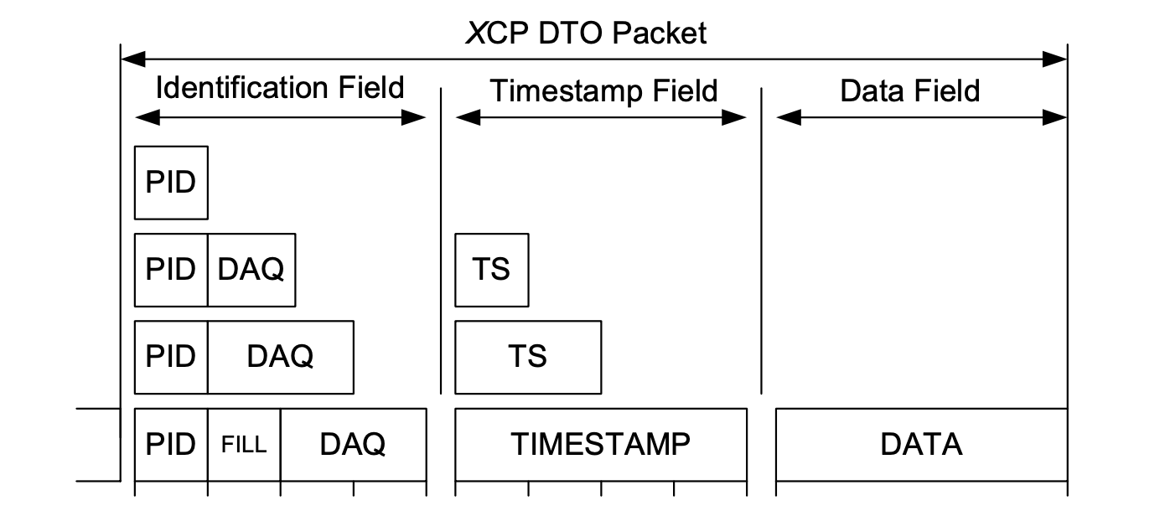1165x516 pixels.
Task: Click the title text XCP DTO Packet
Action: tap(586, 33)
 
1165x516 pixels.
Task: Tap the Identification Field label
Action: tap(280, 88)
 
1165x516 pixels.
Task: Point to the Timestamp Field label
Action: tap(603, 90)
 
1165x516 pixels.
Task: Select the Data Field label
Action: tap(910, 90)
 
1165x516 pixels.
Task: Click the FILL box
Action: tap(244, 444)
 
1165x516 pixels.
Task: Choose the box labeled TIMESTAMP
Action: tap(600, 444)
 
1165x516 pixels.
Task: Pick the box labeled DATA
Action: tap(921, 444)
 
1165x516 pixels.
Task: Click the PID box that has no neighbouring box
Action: tap(171, 183)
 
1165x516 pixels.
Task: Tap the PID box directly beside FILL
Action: tap(171, 444)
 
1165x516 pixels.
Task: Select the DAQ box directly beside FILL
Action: tap(353, 444)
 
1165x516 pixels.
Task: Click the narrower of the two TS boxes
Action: tap(491, 270)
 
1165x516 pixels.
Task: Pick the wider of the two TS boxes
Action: tap(527, 357)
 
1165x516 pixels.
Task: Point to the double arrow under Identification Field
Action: tap(280, 118)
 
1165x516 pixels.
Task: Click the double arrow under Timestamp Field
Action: tap(600, 118)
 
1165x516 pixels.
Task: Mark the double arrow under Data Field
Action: tap(921, 118)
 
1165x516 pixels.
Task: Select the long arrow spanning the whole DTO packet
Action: tap(593, 59)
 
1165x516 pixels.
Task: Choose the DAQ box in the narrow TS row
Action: tap(251, 270)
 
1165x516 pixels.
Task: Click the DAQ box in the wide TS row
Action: tap(280, 357)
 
